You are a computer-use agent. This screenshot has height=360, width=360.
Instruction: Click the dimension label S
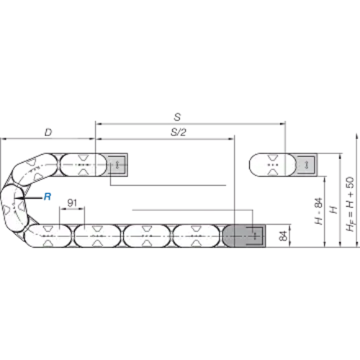pos(177,117)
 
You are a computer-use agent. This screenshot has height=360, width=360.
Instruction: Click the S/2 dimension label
pos(179,132)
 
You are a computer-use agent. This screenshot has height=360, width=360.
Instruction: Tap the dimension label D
pos(48,132)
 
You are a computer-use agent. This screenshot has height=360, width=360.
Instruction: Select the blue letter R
pos(48,197)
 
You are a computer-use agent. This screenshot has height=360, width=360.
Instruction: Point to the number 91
pos(72,203)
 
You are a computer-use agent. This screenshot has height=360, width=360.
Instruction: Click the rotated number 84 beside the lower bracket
pos(283,235)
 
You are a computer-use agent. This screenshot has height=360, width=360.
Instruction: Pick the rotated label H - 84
pos(319,211)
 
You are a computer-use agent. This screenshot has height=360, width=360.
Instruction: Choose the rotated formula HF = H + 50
pos(351,204)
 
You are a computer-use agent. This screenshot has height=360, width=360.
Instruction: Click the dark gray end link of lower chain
pos(243,236)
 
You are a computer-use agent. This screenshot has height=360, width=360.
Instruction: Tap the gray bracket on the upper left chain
pos(117,165)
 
